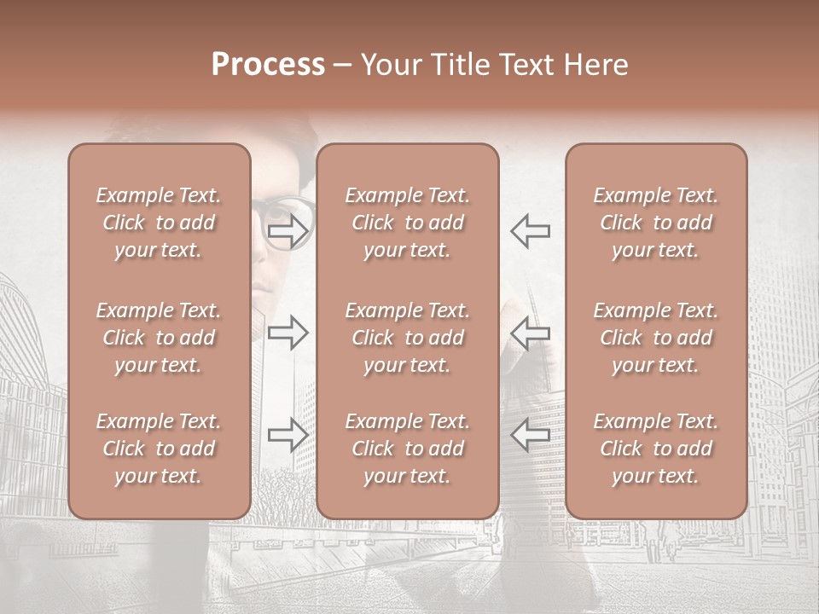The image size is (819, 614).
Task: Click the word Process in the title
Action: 268,65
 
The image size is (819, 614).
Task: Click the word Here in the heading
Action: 595,65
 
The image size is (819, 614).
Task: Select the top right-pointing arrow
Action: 288,230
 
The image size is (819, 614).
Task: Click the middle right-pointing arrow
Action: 288,333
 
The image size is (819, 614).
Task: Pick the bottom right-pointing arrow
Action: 288,435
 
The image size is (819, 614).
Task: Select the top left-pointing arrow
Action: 530,230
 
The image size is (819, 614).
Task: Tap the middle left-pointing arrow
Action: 530,333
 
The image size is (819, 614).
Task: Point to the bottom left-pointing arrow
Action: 530,435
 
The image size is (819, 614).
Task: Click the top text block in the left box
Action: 159,223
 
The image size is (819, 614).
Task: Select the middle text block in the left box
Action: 159,338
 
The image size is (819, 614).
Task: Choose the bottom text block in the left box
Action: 159,449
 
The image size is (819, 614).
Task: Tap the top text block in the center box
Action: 407,223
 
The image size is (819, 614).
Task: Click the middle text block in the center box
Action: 407,338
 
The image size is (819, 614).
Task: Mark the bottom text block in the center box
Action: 407,449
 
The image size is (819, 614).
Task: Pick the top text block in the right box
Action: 656,223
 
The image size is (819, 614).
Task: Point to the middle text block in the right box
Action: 656,338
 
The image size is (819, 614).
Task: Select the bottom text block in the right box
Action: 656,449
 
